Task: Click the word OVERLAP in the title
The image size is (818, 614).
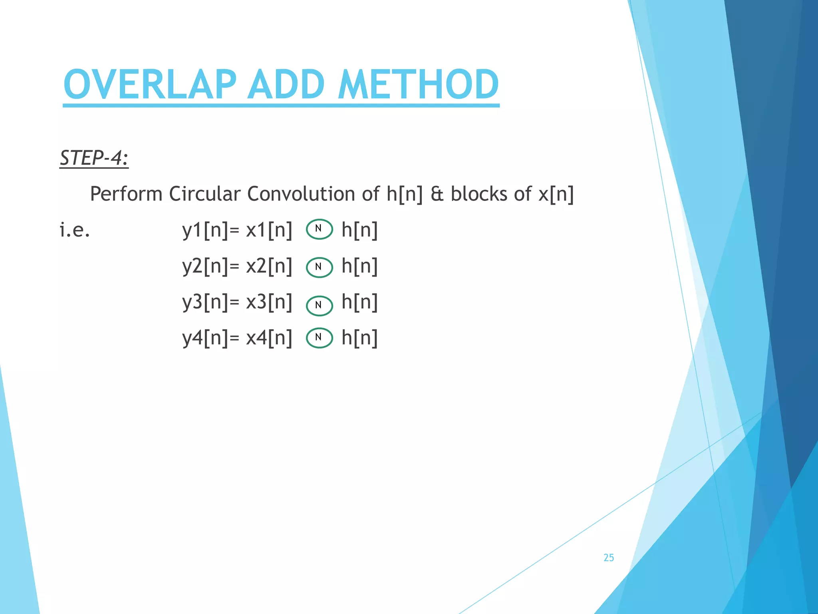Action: (150, 84)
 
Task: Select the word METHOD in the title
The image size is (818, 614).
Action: (418, 84)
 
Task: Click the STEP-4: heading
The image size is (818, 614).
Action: (94, 157)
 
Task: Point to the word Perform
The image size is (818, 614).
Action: (126, 194)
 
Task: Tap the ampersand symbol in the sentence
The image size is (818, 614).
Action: (437, 194)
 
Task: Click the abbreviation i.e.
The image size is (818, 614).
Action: (75, 230)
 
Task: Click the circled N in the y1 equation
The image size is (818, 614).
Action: (319, 229)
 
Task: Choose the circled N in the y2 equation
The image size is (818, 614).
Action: (319, 267)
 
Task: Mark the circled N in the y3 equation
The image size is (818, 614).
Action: (319, 306)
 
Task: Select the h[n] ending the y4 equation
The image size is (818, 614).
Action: (359, 338)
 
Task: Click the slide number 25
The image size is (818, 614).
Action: (609, 558)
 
